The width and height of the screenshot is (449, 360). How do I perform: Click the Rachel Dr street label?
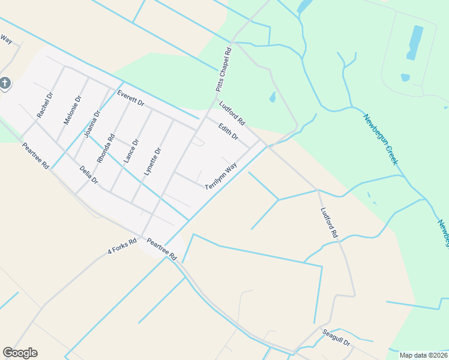tap(45, 104)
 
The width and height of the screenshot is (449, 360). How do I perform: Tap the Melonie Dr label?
tap(73, 110)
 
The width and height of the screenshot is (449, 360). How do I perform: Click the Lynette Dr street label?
tap(152, 161)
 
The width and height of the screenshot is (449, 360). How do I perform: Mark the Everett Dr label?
tap(131, 98)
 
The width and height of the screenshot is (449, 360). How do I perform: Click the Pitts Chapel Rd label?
tap(223, 71)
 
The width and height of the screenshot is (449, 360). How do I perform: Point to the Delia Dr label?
tap(88, 175)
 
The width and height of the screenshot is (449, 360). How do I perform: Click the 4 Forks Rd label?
tap(122, 246)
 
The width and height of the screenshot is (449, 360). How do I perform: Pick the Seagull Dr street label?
tap(336, 334)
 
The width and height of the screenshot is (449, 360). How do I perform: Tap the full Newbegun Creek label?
tap(381, 139)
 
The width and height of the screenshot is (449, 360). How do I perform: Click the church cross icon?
tap(5, 83)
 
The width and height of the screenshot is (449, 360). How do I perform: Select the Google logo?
tap(20, 353)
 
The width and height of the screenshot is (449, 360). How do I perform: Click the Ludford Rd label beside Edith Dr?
tap(232, 113)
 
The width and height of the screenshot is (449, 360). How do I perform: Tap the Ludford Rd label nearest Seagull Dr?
tap(329, 224)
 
